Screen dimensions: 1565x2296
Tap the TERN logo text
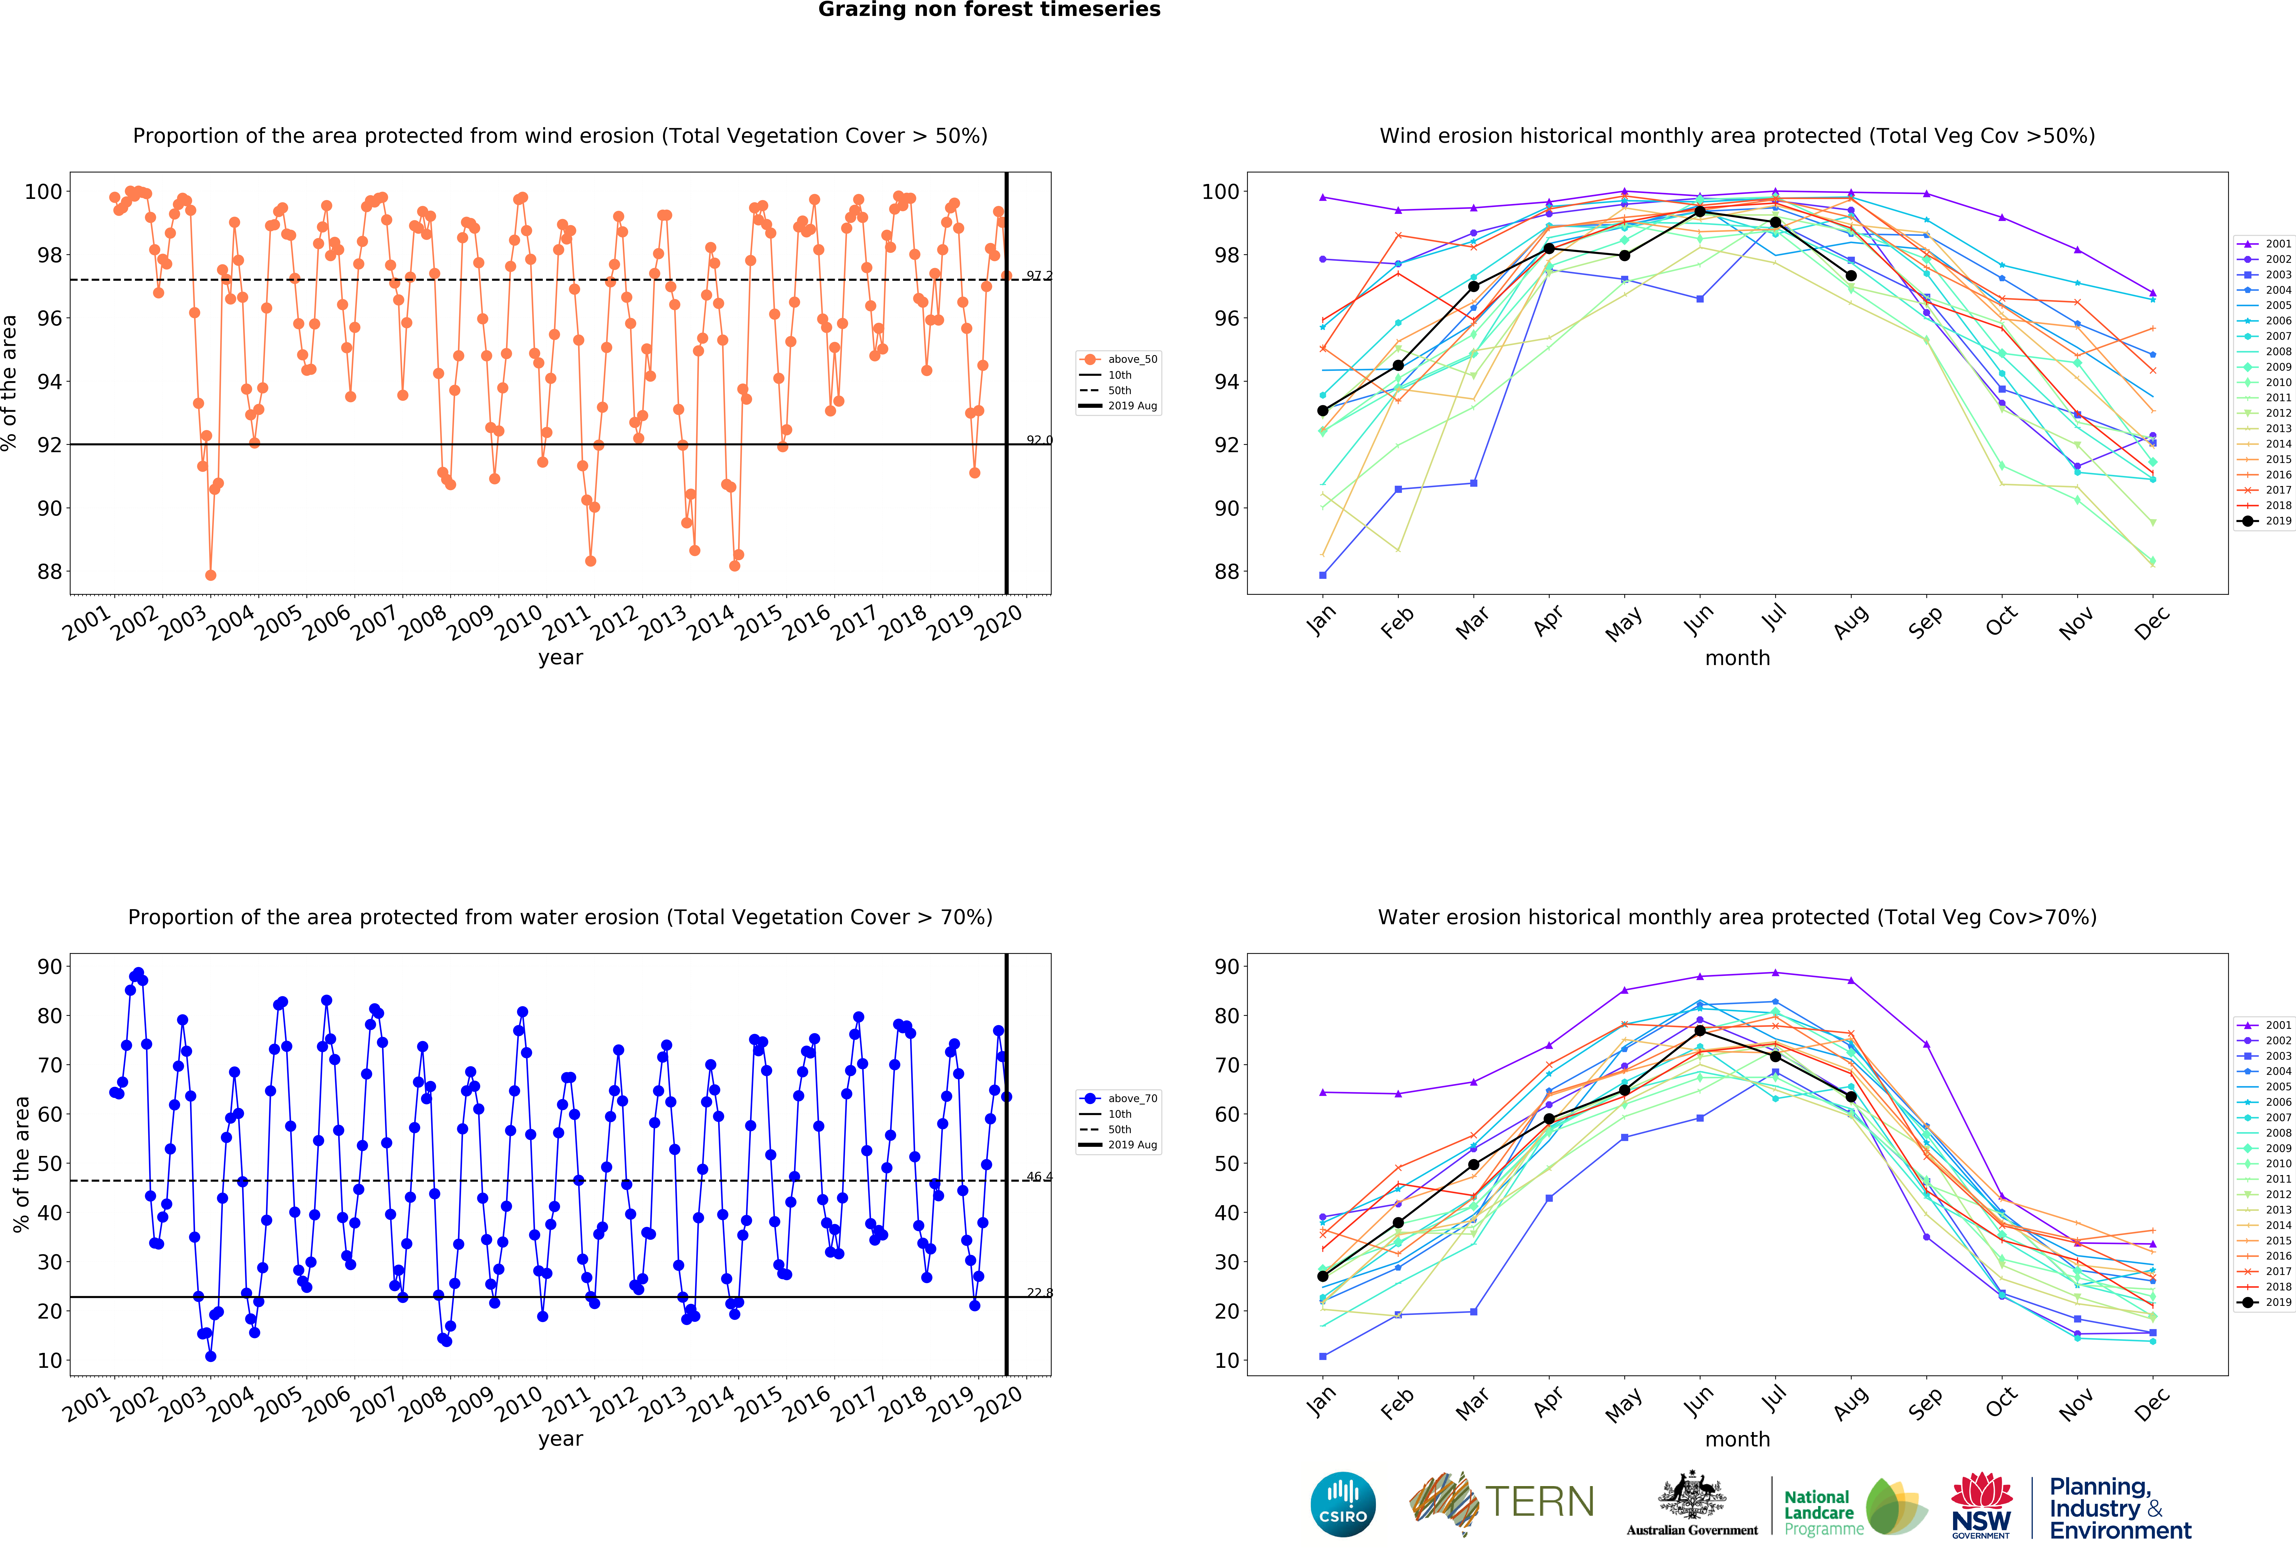1539,1502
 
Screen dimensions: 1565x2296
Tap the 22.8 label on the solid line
1038,1292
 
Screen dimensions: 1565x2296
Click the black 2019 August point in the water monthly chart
1850,1097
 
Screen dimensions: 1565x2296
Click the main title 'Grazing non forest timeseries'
989,10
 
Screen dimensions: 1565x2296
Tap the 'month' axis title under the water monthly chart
1737,1439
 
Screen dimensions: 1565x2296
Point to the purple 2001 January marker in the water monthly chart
1323,1093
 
